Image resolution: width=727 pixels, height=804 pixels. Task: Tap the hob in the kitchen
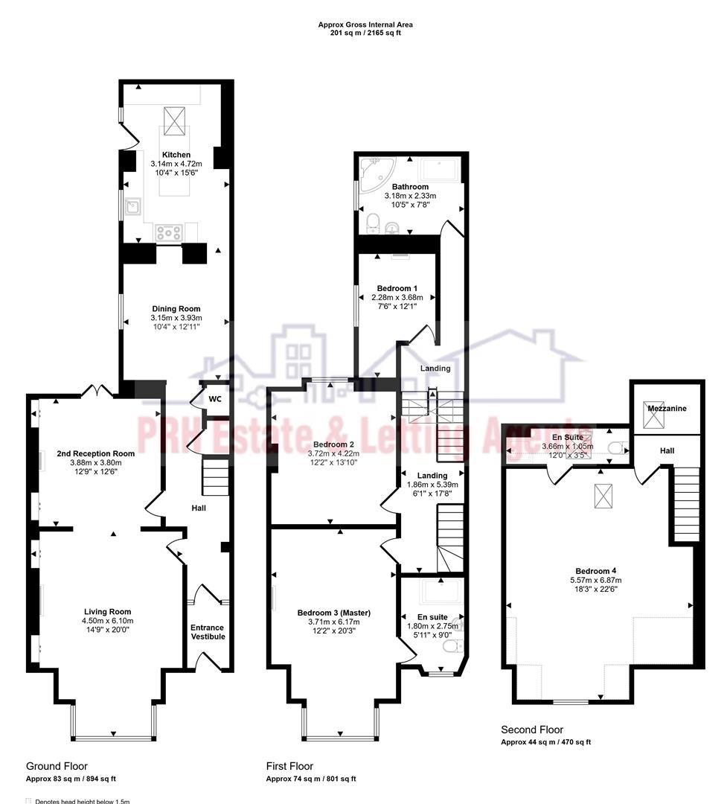[x=169, y=232]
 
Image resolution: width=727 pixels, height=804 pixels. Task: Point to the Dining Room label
[x=176, y=309]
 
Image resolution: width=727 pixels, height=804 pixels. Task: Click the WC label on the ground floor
[x=215, y=399]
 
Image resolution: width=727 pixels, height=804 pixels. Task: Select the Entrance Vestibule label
[x=207, y=632]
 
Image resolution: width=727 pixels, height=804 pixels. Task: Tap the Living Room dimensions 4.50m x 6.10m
[x=107, y=621]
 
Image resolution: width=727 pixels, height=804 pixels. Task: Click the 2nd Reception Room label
[x=96, y=453]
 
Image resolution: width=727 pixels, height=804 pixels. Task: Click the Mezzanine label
[x=666, y=409]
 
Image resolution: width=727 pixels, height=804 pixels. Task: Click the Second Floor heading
[x=532, y=730]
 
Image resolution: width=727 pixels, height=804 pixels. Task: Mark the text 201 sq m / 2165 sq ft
[x=365, y=33]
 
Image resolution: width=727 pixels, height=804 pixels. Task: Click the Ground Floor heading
[x=57, y=766]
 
